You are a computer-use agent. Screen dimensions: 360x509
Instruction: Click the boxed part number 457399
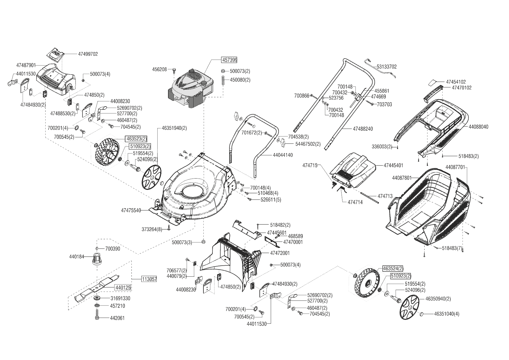[x=229, y=60]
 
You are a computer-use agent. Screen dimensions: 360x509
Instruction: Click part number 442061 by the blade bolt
[x=118, y=318]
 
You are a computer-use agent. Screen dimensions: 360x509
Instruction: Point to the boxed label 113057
[x=149, y=279]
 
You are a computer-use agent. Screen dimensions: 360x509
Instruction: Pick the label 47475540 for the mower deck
[x=131, y=210]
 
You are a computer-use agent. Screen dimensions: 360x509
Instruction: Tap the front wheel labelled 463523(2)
[x=107, y=153]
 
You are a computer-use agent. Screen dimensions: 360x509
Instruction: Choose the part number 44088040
[x=479, y=127]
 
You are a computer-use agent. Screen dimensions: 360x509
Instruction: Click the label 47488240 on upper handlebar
[x=363, y=129]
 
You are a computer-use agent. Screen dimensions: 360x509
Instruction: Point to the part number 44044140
[x=283, y=155]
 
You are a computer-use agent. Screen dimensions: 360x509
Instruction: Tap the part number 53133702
[x=387, y=67]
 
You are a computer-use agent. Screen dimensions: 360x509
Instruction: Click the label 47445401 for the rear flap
[x=394, y=165]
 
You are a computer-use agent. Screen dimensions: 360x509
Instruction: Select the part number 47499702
[x=88, y=54]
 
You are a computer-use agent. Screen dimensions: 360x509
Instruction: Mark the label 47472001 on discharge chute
[x=280, y=253]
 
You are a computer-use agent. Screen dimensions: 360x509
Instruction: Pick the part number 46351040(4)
[x=447, y=314]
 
